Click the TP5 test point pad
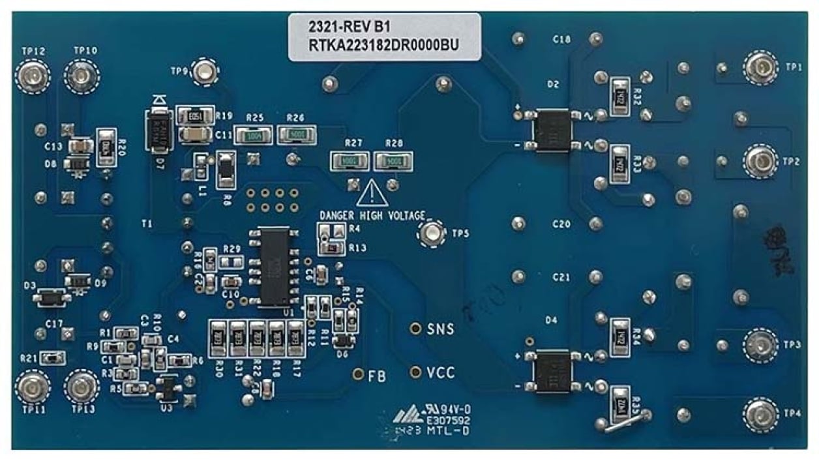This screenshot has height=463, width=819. click(x=430, y=233)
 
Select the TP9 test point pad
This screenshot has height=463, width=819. click(x=205, y=72)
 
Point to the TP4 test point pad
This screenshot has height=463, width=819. click(x=760, y=414)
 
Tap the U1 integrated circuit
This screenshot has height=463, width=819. click(x=274, y=267)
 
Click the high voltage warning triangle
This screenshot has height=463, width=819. click(x=372, y=194)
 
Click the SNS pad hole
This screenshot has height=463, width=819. click(x=414, y=329)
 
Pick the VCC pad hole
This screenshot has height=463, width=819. click(x=414, y=372)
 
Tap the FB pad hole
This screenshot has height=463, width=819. click(x=357, y=374)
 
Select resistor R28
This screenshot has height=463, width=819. click(x=394, y=160)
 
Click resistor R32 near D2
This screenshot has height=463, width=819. click(x=620, y=97)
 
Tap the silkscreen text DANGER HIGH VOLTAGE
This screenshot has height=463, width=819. click(x=372, y=215)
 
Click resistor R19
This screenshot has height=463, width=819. click(x=194, y=116)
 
